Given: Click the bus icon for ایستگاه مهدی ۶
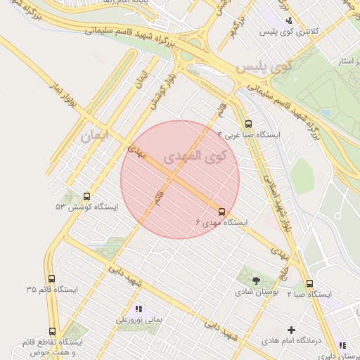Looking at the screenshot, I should (222, 212).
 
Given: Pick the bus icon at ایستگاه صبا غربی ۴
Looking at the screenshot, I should (247, 122).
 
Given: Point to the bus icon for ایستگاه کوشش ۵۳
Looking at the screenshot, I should (87, 196).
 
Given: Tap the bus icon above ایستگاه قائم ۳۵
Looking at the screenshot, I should (51, 278).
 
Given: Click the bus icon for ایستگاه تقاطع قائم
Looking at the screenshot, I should (52, 331).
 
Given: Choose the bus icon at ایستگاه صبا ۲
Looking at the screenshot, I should (309, 283).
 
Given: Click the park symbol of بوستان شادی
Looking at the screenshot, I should (255, 280).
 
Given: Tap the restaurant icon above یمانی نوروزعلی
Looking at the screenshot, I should (139, 309).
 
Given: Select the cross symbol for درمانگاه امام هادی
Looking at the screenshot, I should (292, 329).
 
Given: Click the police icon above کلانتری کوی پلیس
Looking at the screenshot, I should (289, 20).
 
